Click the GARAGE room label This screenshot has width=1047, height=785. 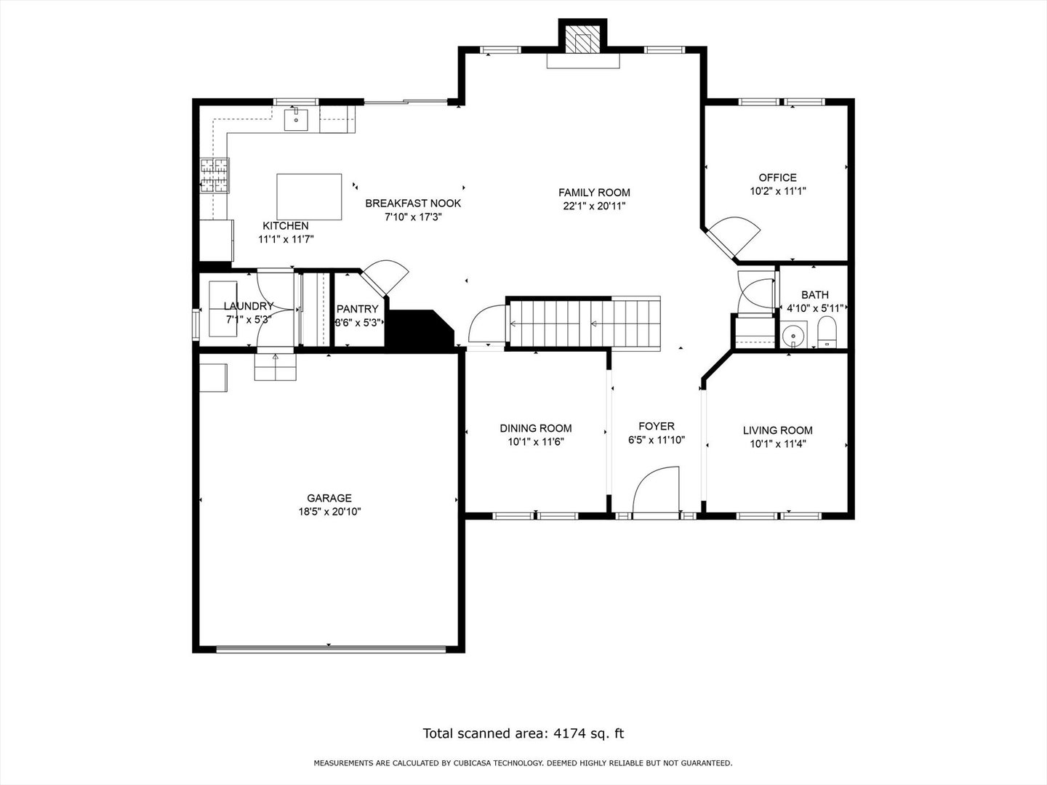(329, 498)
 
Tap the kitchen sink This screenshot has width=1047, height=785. (296, 120)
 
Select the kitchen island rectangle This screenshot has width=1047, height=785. (309, 197)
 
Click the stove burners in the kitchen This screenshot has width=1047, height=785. (214, 175)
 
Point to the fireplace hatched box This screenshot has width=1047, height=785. (582, 36)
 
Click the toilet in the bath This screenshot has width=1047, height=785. (827, 333)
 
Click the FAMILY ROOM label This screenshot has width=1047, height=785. (594, 193)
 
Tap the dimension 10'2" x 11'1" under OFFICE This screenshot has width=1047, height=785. (778, 191)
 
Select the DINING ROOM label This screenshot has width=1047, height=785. (536, 429)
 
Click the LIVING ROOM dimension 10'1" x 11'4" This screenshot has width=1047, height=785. (778, 444)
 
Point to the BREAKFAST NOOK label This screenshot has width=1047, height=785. (413, 204)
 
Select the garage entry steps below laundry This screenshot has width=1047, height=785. (276, 367)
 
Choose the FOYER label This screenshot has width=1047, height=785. (657, 426)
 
